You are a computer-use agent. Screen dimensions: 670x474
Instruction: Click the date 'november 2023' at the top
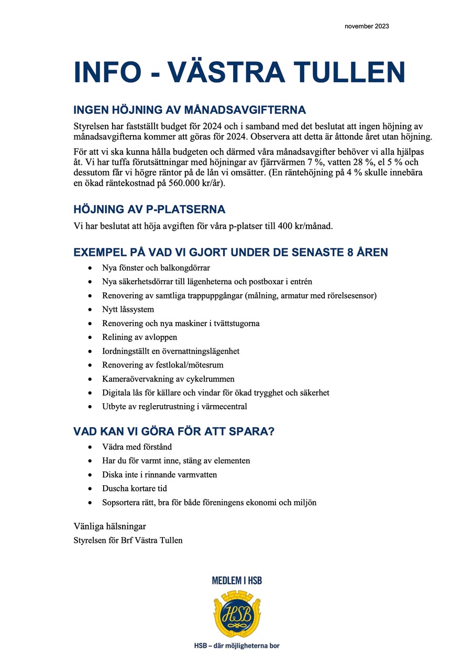click(367, 26)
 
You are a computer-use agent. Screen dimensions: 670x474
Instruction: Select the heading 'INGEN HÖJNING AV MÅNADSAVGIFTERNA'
click(189, 110)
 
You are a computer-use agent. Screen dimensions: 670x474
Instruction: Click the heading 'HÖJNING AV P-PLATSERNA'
click(149, 209)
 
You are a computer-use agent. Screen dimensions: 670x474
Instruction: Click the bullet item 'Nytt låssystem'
click(128, 309)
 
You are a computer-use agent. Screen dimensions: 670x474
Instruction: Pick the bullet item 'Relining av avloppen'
click(139, 337)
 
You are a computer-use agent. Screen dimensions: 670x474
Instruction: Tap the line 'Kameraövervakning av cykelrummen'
click(168, 379)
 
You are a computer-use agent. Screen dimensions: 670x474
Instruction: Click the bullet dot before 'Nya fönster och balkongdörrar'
click(91, 268)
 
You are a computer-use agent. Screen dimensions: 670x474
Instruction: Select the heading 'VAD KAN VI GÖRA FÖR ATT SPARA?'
click(174, 432)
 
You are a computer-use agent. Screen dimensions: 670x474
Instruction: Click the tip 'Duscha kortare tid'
click(134, 488)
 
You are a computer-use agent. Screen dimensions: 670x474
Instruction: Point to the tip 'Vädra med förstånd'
click(137, 447)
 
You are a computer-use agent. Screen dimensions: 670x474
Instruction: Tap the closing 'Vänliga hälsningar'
click(110, 526)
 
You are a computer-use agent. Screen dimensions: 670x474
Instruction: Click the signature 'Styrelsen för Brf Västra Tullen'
click(128, 540)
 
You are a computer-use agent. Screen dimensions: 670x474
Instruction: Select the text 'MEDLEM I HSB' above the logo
click(237, 580)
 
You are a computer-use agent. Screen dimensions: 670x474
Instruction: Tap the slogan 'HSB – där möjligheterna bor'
click(237, 645)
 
